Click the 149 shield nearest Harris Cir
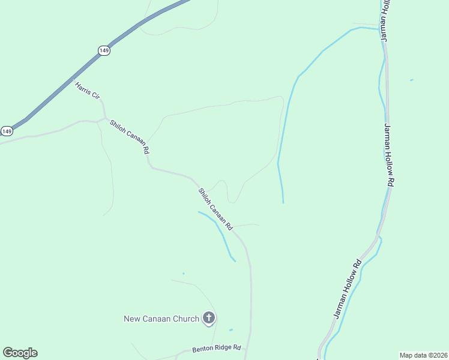coord(104,51)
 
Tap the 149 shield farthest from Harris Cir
coord(7,131)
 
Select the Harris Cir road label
coord(87,91)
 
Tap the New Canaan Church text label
coord(161,319)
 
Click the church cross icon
coord(209,318)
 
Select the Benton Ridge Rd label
coord(216,349)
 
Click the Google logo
coord(20,353)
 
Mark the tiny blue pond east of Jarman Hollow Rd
coord(411,80)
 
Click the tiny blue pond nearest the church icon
coord(231,329)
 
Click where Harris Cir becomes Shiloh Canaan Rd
coord(104,117)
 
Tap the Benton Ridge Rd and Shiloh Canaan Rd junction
coord(246,353)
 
